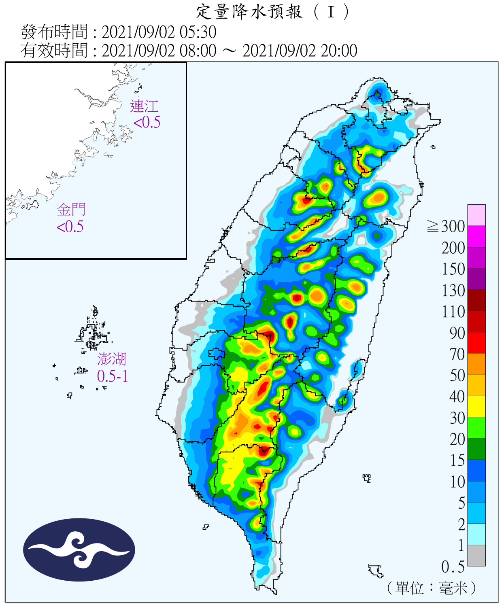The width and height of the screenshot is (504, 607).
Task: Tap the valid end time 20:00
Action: (x=339, y=51)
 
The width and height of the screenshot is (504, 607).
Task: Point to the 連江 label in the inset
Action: (x=144, y=106)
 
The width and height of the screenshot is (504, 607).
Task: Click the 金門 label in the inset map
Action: (x=71, y=210)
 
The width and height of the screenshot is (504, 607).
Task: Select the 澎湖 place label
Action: (x=112, y=359)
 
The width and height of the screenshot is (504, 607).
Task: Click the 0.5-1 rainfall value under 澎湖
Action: (x=113, y=376)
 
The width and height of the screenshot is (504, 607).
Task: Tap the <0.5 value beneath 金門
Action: (x=70, y=227)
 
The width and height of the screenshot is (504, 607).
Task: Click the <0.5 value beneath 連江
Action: (x=147, y=122)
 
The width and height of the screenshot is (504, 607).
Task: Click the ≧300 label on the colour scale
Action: (x=446, y=227)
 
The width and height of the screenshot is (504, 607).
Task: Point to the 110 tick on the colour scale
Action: (x=453, y=312)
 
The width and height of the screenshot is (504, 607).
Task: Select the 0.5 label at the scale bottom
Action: (x=453, y=567)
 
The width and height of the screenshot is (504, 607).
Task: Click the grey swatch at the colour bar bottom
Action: (x=476, y=555)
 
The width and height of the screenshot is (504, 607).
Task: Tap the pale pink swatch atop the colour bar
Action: (x=476, y=215)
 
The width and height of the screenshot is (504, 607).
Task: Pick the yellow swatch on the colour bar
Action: (x=476, y=406)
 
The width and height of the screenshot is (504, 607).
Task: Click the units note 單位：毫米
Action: (x=432, y=588)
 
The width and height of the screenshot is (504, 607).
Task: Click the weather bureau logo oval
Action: (x=79, y=550)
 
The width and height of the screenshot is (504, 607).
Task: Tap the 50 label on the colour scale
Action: (x=457, y=376)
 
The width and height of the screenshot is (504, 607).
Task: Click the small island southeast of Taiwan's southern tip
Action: (x=376, y=571)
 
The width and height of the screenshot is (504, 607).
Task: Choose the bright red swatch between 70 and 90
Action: (x=476, y=343)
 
